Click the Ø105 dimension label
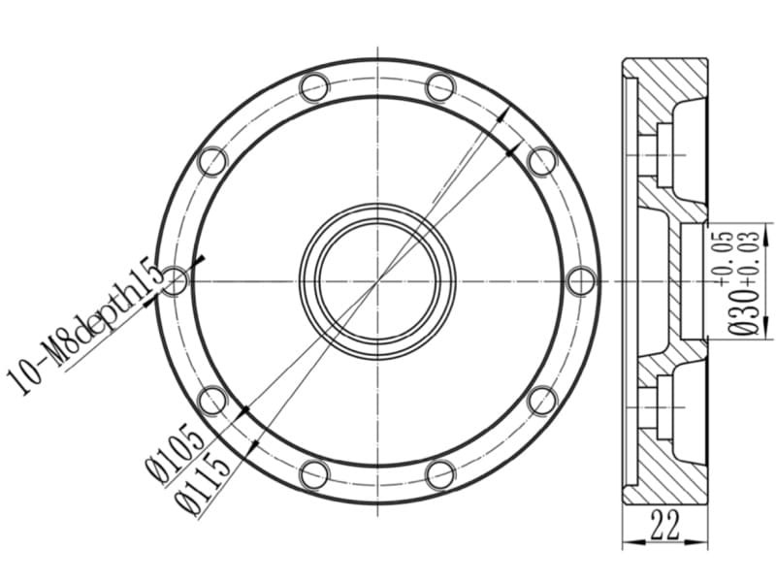(176, 453)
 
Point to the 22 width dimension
(665, 525)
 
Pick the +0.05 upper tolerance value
(723, 257)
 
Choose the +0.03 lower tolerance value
(750, 257)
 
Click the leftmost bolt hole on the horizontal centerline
(176, 281)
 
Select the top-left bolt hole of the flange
(314, 87)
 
